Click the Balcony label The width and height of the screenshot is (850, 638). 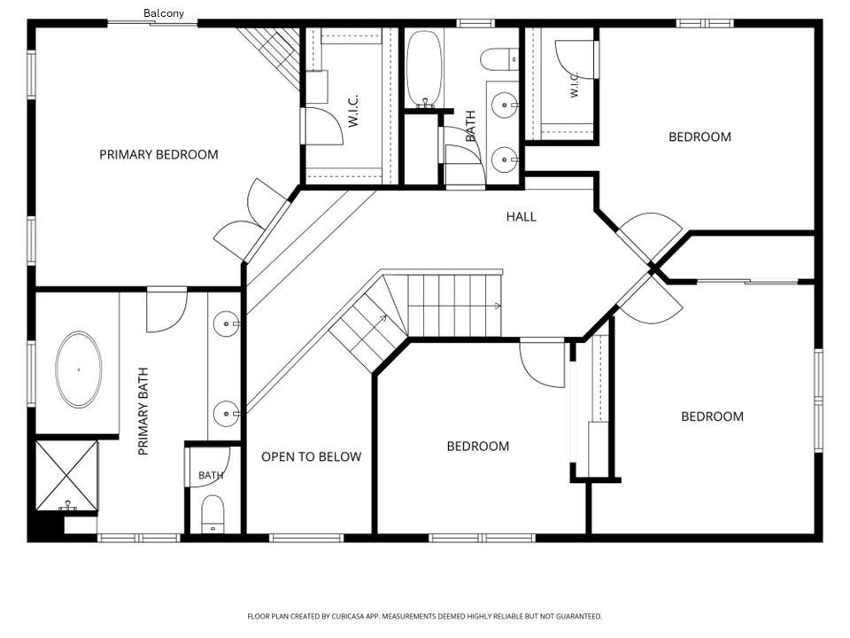click(163, 13)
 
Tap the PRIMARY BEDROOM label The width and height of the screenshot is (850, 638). click(158, 154)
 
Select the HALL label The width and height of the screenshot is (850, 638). click(521, 217)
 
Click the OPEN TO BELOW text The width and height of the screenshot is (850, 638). click(311, 457)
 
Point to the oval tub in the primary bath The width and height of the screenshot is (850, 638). click(79, 370)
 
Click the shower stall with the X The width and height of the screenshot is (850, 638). click(66, 476)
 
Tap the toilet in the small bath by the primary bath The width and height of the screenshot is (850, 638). click(212, 514)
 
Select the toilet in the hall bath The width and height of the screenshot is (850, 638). click(499, 58)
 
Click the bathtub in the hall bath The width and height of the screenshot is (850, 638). click(424, 68)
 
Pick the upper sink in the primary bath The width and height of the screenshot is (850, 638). click(226, 324)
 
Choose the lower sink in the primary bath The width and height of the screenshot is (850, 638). click(226, 415)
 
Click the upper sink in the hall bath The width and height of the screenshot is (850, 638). click(505, 105)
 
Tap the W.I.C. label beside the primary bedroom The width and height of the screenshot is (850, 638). click(353, 111)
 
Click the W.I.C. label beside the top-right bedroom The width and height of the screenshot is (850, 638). click(574, 85)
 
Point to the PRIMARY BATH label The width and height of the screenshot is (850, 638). click(143, 411)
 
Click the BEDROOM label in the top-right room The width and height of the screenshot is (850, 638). click(699, 136)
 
